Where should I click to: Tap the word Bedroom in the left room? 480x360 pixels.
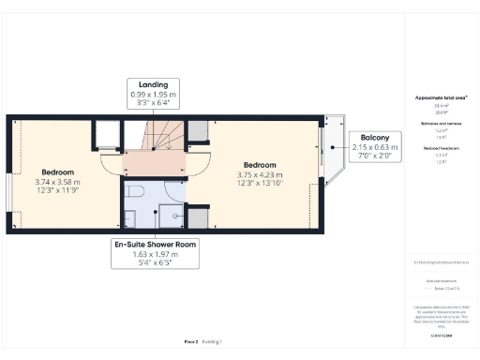[x=58, y=172]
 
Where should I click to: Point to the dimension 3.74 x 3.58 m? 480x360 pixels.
[x=58, y=182]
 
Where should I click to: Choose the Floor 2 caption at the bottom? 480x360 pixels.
[x=190, y=342]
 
